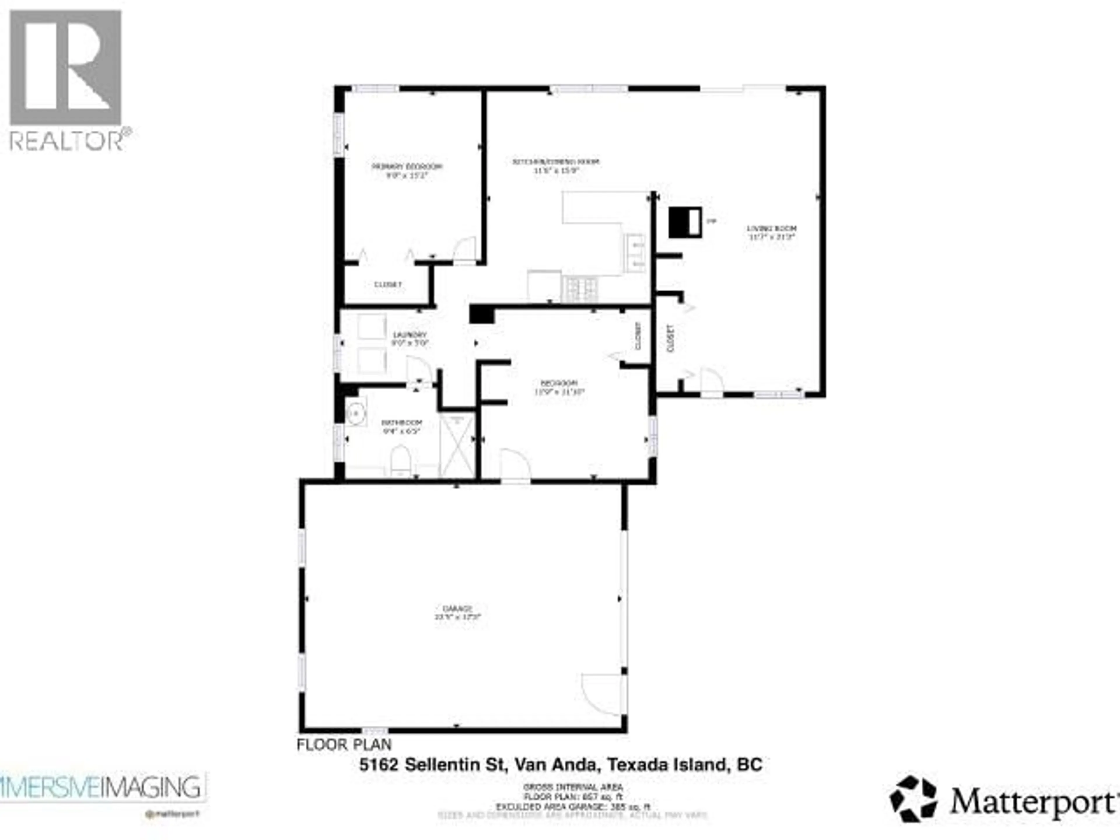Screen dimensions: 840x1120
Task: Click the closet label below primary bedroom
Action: pos(388,285)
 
